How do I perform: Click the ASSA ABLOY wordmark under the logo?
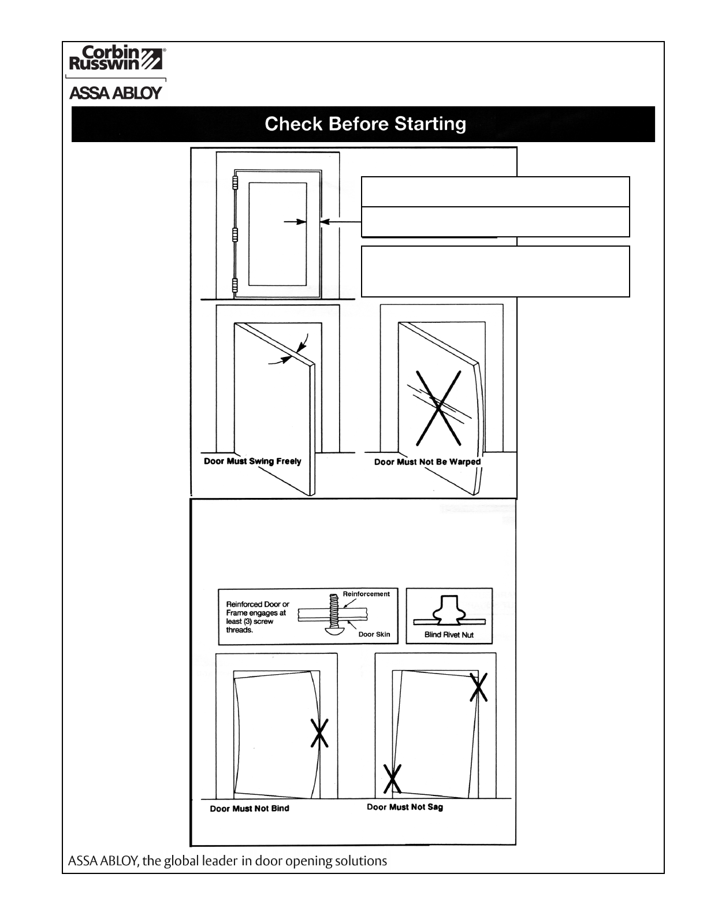click(x=116, y=94)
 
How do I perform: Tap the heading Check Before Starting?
click(x=365, y=124)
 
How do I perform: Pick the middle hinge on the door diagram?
click(x=235, y=234)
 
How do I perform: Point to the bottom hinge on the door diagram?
click(x=235, y=285)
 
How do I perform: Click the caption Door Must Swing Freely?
click(x=252, y=462)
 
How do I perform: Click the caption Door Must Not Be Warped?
click(x=427, y=462)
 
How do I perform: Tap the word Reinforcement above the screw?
click(x=366, y=594)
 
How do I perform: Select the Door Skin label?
click(x=374, y=634)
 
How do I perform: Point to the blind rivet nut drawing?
click(x=449, y=612)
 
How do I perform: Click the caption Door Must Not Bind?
click(x=250, y=809)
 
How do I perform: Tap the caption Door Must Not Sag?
click(x=405, y=807)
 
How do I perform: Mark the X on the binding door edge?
click(x=319, y=732)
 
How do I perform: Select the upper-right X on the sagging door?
click(x=479, y=687)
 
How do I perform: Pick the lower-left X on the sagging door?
click(x=393, y=778)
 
